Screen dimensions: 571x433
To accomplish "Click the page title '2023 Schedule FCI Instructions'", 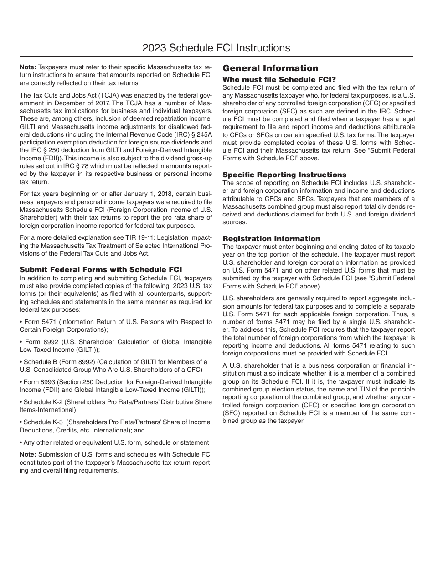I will tap(216, 48).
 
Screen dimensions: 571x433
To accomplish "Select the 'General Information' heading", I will tap(270, 68).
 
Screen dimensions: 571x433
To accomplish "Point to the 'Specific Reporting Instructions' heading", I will tap(284, 175).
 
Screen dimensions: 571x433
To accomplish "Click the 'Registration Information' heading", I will tap(271, 239).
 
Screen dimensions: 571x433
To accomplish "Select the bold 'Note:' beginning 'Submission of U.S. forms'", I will tap(28, 454).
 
